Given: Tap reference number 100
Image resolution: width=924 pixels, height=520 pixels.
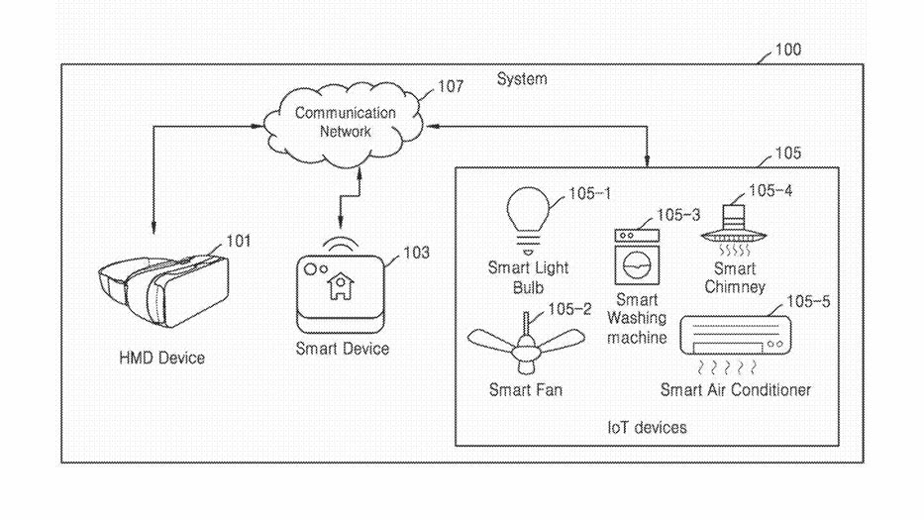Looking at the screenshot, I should [788, 49].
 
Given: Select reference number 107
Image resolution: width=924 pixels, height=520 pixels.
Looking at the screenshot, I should [450, 87].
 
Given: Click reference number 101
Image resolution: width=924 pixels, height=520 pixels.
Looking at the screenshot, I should [239, 241].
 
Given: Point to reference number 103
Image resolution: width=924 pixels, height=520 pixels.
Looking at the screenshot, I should [416, 254].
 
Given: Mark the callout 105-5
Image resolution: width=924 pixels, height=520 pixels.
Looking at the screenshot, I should [808, 301].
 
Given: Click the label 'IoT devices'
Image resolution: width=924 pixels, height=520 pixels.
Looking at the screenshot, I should [647, 427].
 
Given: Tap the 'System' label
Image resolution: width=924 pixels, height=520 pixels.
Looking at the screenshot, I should [522, 78].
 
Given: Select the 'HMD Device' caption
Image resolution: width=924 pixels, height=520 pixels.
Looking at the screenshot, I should [161, 357].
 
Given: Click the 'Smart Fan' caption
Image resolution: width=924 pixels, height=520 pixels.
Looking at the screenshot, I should [526, 390].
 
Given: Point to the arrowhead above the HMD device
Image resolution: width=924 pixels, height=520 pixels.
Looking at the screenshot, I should [154, 230].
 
